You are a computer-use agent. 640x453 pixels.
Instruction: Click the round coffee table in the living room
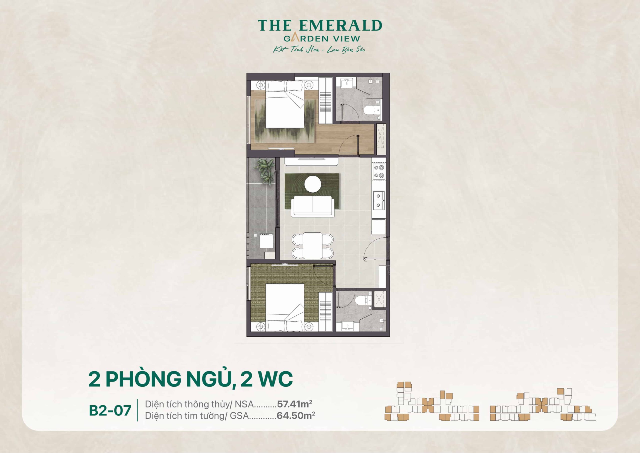point(312,184)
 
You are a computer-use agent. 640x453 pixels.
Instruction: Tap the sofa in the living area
point(312,206)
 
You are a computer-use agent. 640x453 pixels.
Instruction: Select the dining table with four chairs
point(312,245)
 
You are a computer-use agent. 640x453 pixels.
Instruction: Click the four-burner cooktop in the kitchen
point(379,172)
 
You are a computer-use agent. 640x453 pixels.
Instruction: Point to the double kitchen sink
point(378,201)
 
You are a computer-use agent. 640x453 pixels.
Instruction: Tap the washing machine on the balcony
point(266,241)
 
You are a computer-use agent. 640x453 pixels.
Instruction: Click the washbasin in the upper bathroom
point(346,83)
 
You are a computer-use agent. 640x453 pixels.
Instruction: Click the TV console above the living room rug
point(311,161)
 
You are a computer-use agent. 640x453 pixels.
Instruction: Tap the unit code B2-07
point(110,410)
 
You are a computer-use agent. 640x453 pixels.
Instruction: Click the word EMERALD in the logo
point(340,26)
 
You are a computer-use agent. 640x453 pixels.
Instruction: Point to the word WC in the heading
point(275,379)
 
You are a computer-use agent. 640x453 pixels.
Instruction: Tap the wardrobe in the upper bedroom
point(325,100)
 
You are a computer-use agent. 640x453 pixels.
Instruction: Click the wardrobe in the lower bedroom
point(325,311)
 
